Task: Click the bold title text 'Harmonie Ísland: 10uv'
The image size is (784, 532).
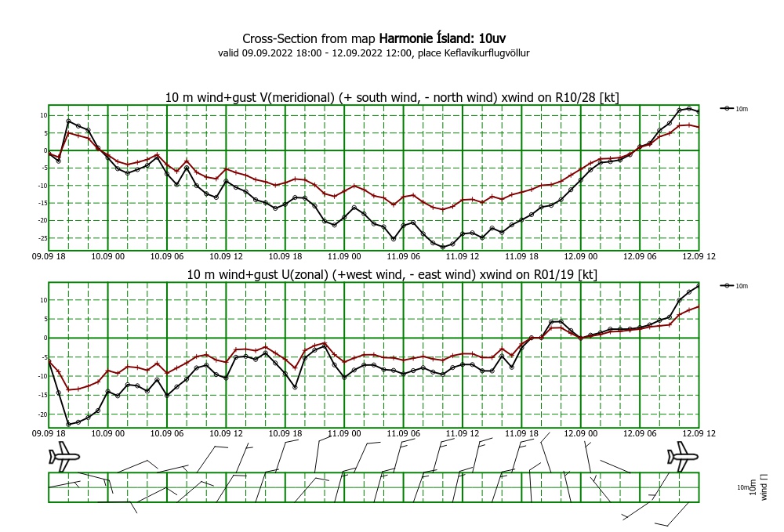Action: click(x=442, y=38)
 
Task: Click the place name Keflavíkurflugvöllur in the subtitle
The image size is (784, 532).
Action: click(x=487, y=53)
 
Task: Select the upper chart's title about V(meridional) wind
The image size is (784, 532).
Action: click(x=392, y=97)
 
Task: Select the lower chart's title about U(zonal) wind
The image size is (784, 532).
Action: click(x=392, y=274)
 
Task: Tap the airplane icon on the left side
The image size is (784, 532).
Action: click(x=64, y=456)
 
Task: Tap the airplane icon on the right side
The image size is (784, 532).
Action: click(x=683, y=456)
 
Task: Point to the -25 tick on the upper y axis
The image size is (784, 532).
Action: click(x=42, y=238)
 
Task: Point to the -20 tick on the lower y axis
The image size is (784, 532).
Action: click(x=42, y=414)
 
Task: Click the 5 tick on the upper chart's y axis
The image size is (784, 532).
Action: click(x=45, y=133)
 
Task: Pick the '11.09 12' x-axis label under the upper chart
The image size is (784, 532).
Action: click(x=463, y=256)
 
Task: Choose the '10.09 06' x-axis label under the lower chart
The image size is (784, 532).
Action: click(x=167, y=433)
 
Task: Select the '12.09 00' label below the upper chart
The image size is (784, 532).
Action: click(x=580, y=256)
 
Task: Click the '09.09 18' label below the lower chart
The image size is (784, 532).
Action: click(x=49, y=433)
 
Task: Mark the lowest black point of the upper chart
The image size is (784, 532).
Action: click(x=443, y=247)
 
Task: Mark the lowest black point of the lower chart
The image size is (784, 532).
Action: click(x=68, y=425)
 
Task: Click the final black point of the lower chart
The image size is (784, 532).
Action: click(x=699, y=286)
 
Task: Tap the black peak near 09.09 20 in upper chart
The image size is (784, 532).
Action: click(x=68, y=121)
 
